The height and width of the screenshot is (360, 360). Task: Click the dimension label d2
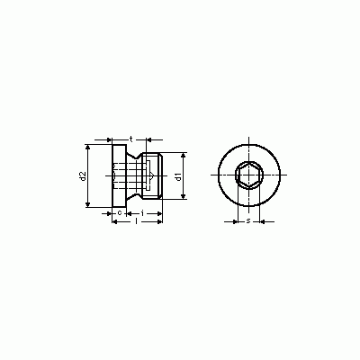point(83,176)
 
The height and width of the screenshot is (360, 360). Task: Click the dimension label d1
point(179,176)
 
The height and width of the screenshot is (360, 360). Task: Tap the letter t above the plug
point(131,139)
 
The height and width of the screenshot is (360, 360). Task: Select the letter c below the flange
point(119,213)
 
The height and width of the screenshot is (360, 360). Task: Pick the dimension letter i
point(142,213)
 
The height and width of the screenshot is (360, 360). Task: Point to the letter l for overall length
point(137,221)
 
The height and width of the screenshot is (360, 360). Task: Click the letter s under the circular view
point(248,221)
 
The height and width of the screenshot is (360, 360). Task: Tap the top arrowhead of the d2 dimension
point(87,147)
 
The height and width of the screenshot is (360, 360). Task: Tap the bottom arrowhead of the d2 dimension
point(87,204)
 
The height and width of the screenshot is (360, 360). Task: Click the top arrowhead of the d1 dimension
point(183,155)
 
